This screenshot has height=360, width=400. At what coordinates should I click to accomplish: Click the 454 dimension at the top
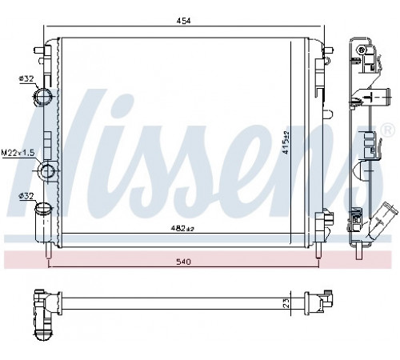(x=184, y=21)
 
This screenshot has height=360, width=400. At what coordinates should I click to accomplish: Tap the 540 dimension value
(x=184, y=262)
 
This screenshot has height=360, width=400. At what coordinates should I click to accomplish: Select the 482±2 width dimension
(x=182, y=228)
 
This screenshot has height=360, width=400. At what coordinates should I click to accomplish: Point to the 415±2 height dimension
(x=286, y=142)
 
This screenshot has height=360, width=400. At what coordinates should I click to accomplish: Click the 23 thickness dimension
(x=286, y=303)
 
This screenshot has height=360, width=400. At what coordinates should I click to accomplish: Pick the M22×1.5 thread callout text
(x=18, y=153)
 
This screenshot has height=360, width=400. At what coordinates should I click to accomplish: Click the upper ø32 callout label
(x=26, y=78)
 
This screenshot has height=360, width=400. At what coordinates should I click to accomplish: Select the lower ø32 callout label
(x=26, y=196)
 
